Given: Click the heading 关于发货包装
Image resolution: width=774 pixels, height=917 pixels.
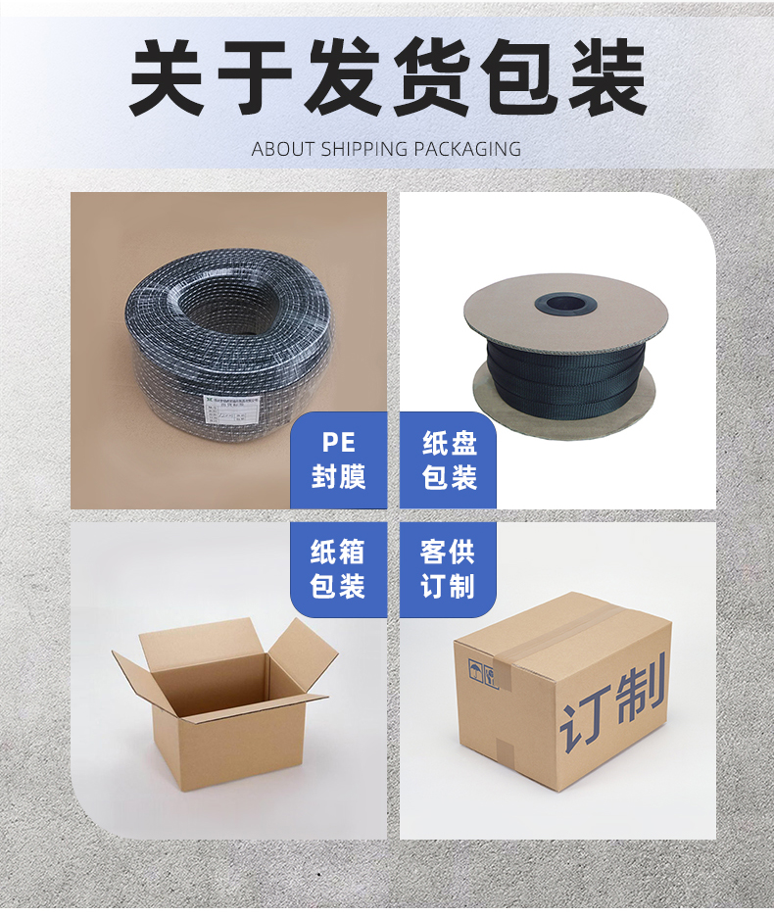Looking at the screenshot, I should (x=387, y=78).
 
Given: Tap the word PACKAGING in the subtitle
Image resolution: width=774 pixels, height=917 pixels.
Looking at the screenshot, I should (x=467, y=149).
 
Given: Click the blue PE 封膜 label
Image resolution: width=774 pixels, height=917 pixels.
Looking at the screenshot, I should (x=338, y=460).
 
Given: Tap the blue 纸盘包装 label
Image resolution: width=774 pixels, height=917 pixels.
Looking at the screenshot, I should (x=449, y=460).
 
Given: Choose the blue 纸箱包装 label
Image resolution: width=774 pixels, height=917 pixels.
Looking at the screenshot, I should (x=338, y=569).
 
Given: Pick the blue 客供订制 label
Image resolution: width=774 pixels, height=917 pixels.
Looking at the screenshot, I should (x=449, y=569).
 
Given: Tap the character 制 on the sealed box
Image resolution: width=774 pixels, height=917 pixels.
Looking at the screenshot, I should (x=641, y=686).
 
